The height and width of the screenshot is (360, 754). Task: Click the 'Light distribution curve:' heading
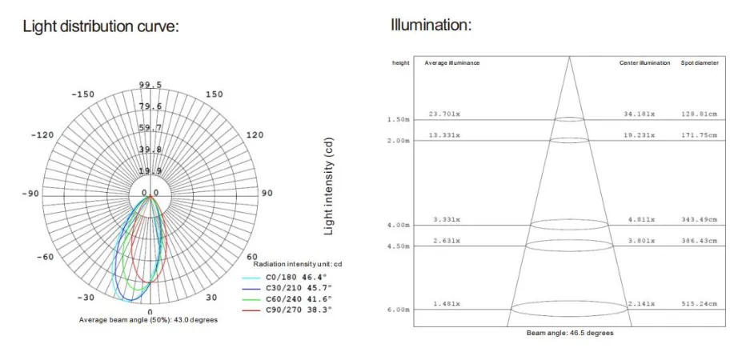click(101, 26)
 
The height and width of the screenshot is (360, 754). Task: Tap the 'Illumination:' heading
click(431, 24)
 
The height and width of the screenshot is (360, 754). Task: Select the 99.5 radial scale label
click(150, 85)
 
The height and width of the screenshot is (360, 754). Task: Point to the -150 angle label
click(83, 94)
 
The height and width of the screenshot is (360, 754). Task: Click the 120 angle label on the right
click(255, 135)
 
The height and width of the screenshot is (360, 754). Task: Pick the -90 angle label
click(30, 194)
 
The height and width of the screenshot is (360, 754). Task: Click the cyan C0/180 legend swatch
click(251, 278)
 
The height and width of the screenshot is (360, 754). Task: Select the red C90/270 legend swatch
click(251, 310)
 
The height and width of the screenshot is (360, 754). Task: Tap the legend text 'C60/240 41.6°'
click(299, 299)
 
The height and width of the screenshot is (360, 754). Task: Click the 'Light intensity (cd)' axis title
click(328, 186)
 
